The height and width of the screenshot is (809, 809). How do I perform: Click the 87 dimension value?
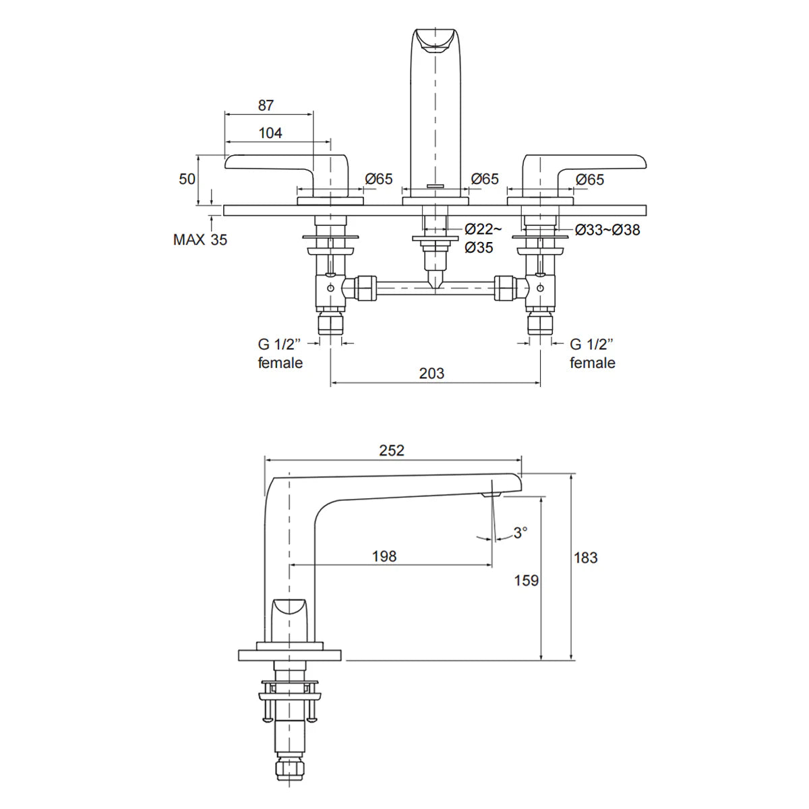[x=266, y=105]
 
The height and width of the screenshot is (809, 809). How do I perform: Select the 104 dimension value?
[x=270, y=133]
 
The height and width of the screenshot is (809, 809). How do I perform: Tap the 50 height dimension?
[x=187, y=179]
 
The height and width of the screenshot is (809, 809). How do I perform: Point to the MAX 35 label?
[x=200, y=239]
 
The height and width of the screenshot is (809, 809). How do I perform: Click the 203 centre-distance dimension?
[x=431, y=373]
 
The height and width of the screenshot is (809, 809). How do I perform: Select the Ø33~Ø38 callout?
[x=607, y=230]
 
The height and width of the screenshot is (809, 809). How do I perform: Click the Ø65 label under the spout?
[x=485, y=179]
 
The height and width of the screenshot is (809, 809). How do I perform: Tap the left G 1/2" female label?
[x=280, y=353]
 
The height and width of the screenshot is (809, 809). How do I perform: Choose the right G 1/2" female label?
[x=593, y=353]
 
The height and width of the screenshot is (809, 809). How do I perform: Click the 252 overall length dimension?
[x=392, y=450]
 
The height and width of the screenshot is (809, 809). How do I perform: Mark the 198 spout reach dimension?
[x=384, y=556]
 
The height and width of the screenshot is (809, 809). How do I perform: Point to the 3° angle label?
[x=520, y=533]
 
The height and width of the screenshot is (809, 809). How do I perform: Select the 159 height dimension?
[x=526, y=580]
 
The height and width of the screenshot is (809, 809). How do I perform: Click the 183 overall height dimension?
[x=586, y=558]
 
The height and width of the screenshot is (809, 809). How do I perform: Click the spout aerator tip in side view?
[x=491, y=496]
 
